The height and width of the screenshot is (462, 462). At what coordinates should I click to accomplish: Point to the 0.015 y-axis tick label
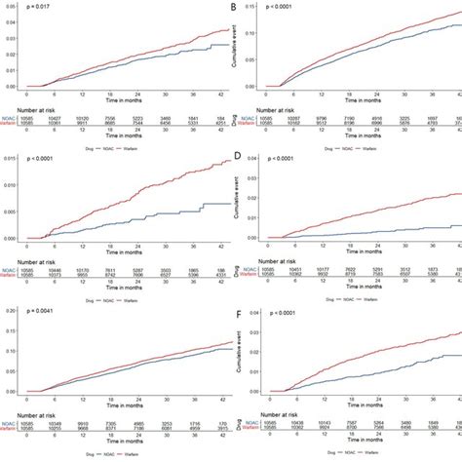[x=10, y=159]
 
